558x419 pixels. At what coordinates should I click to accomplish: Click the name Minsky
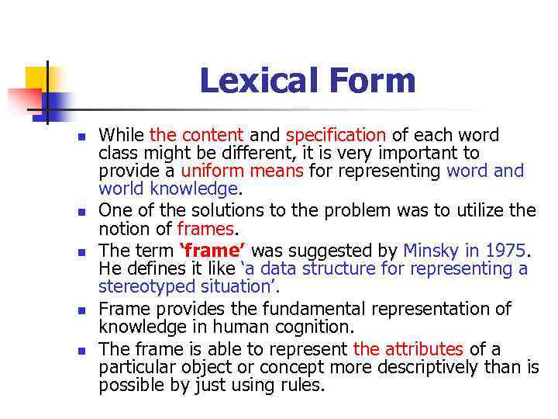[434, 251]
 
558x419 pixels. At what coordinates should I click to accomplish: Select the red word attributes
[423, 349]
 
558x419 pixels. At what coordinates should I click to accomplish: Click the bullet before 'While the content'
[79, 137]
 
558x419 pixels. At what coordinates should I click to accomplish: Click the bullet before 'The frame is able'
[79, 350]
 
